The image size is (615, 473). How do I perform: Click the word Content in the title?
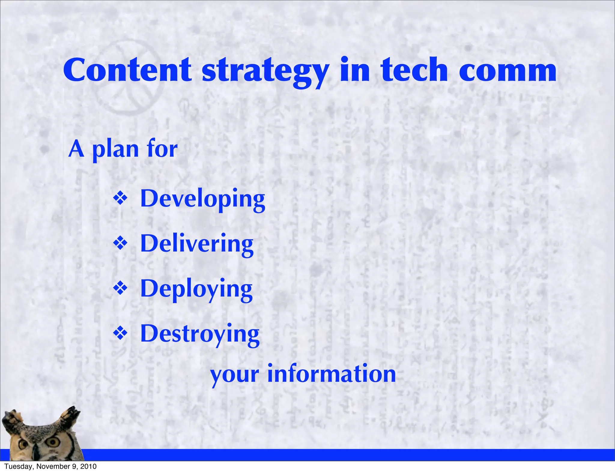coord(127,70)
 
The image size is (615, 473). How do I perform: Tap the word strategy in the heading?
coord(265,72)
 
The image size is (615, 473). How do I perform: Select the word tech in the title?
coord(414,70)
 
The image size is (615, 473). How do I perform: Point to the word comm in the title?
coord(507,72)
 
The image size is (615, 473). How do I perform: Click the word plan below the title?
coord(115,150)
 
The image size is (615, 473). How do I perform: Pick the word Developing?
coord(203,199)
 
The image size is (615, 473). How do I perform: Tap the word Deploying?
coord(196,289)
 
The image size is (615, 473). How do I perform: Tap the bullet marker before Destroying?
coord(120,333)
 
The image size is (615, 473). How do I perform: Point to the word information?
coord(332,374)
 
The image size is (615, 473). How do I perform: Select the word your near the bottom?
coord(235,375)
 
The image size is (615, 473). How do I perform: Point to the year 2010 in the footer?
coord(89,466)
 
